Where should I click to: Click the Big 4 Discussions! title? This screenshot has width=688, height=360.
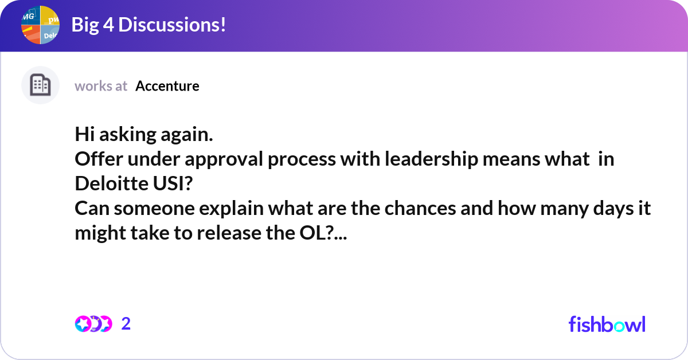pyautogui.click(x=148, y=25)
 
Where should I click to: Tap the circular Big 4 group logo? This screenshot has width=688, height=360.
pyautogui.click(x=40, y=25)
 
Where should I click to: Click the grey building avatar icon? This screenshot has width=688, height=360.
pyautogui.click(x=40, y=85)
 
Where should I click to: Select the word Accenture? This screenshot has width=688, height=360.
pyautogui.click(x=167, y=86)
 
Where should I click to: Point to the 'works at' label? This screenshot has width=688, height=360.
pyautogui.click(x=101, y=86)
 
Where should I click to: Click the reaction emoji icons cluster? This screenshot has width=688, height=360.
pyautogui.click(x=93, y=324)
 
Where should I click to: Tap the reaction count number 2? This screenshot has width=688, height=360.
pyautogui.click(x=126, y=324)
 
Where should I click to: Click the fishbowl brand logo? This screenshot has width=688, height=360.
pyautogui.click(x=607, y=324)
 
